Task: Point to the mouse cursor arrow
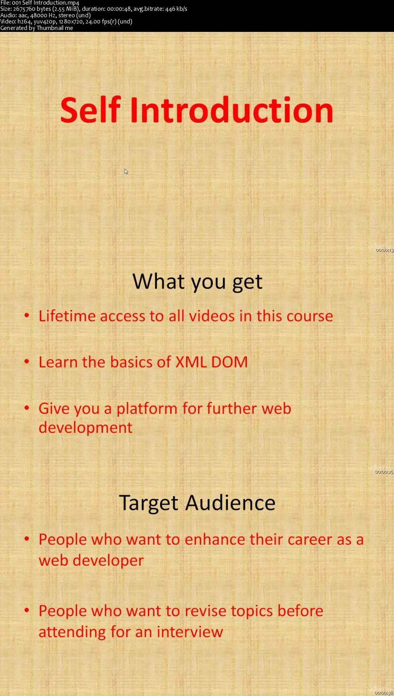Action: [x=126, y=171]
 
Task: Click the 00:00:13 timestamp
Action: [x=384, y=250]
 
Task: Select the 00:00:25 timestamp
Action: [x=384, y=472]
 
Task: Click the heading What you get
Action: [x=197, y=282]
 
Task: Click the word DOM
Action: [x=229, y=362]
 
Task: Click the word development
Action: [x=85, y=428]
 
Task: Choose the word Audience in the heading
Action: [x=230, y=502]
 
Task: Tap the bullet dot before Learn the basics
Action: [x=27, y=362]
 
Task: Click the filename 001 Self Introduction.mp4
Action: [x=45, y=3]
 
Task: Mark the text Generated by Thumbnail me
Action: [x=37, y=28]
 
